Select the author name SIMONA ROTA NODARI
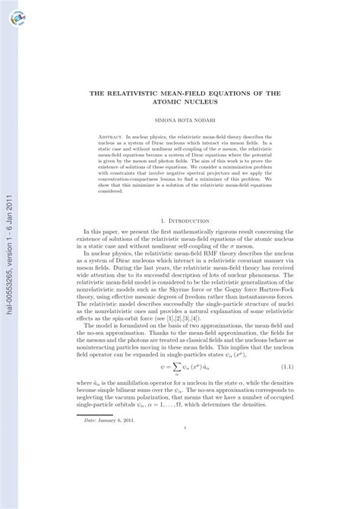coord(179,120)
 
